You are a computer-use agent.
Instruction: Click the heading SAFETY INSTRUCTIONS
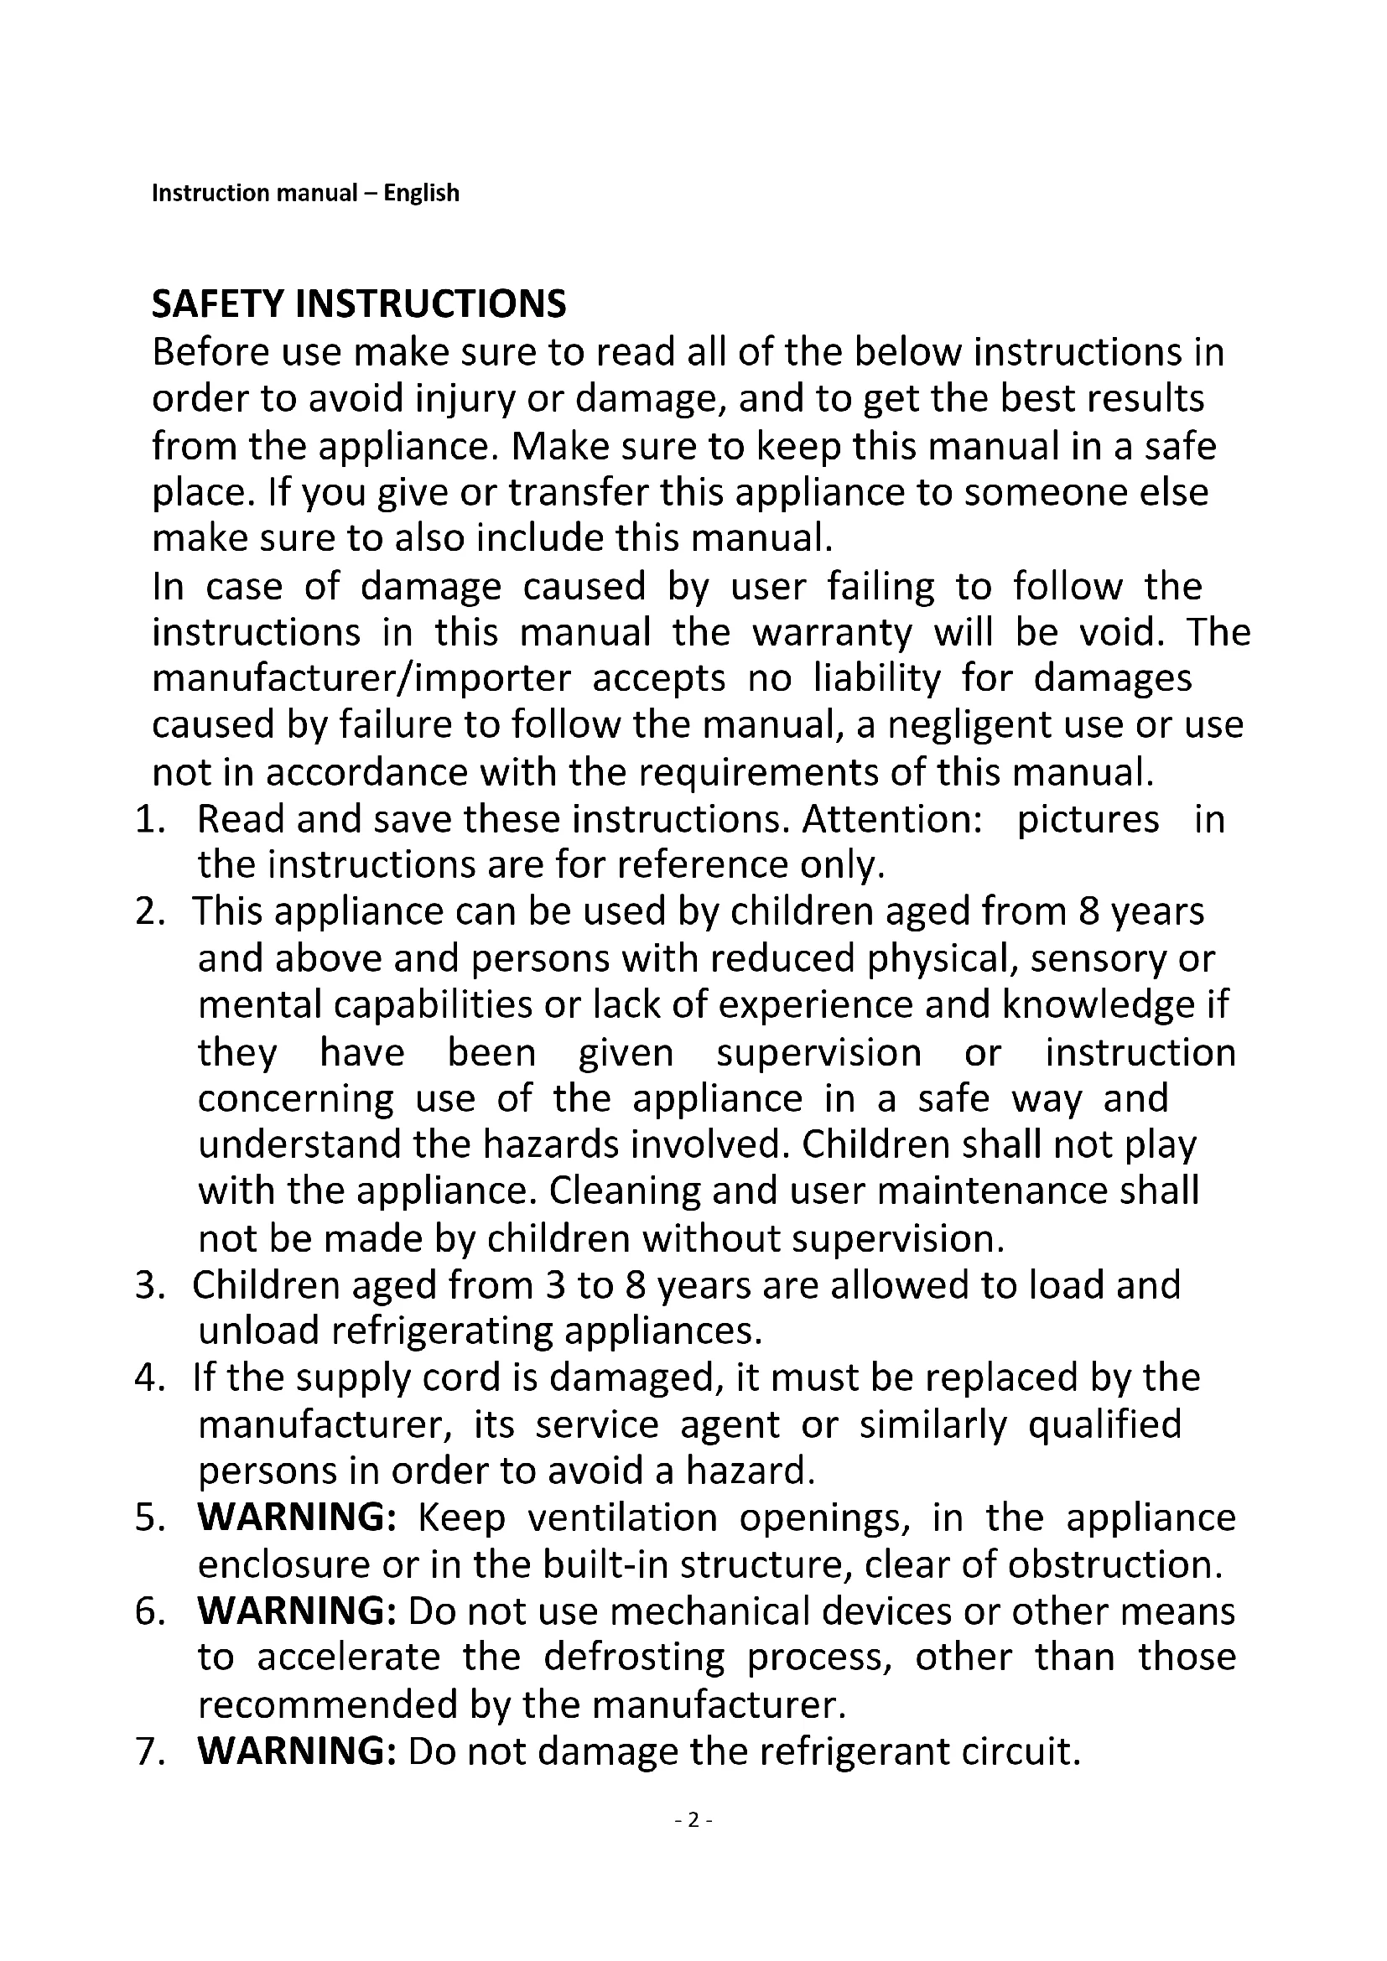[359, 304]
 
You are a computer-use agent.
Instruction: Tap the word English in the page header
[421, 193]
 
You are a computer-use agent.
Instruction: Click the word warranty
[832, 633]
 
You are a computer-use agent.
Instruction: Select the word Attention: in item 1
[891, 819]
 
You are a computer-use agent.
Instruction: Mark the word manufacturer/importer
[361, 679]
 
